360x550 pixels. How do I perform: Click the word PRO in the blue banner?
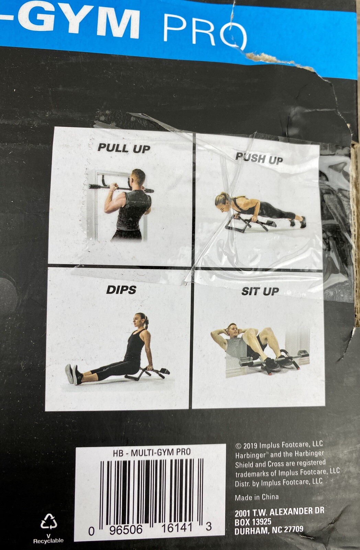click(205, 31)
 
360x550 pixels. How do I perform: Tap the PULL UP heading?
click(124, 148)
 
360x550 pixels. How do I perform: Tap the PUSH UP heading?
click(259, 158)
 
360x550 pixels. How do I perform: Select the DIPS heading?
click(121, 290)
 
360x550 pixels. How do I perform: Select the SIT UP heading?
click(260, 291)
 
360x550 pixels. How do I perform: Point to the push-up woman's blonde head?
click(222, 200)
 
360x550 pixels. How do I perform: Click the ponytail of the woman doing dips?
click(147, 322)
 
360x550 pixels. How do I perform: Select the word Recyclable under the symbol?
click(48, 541)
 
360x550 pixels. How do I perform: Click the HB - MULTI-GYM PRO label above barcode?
click(151, 452)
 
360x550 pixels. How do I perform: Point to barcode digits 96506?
click(125, 529)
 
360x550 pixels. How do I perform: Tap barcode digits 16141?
click(177, 528)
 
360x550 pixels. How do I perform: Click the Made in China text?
click(257, 497)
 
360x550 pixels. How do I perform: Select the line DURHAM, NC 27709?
click(269, 530)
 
